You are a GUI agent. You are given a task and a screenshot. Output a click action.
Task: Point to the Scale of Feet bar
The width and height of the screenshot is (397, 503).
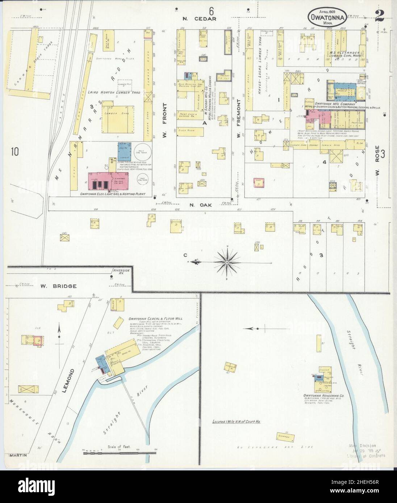click(105, 452)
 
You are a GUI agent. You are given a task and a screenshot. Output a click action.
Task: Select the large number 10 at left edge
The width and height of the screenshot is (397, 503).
click(14, 151)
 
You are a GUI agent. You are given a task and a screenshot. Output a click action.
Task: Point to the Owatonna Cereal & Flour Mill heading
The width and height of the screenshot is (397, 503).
click(155, 319)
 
